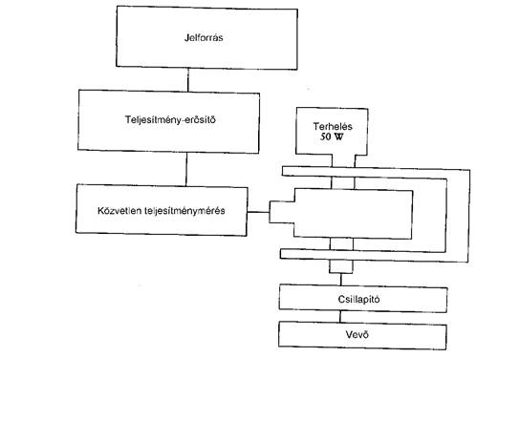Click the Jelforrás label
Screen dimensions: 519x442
pyautogui.click(x=204, y=37)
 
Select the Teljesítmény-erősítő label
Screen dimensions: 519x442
pyautogui.click(x=170, y=119)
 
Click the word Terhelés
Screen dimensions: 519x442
pyautogui.click(x=333, y=126)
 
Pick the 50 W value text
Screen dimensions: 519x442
pyautogui.click(x=332, y=137)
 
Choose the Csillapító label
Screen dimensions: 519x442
pyautogui.click(x=358, y=299)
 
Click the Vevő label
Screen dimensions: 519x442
pyautogui.click(x=357, y=334)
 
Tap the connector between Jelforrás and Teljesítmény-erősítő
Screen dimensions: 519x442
pyautogui.click(x=188, y=79)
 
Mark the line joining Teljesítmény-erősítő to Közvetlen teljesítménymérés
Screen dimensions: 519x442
pyautogui.click(x=186, y=169)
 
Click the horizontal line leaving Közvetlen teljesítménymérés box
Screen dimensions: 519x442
pyautogui.click(x=258, y=212)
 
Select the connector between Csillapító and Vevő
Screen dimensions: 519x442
pyautogui.click(x=340, y=317)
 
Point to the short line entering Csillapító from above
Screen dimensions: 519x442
pyautogui.click(x=341, y=280)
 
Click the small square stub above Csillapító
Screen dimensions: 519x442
pyautogui.click(x=341, y=266)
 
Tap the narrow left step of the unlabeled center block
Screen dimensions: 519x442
pyautogui.click(x=282, y=212)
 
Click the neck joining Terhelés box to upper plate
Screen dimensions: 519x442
pyautogui.click(x=343, y=160)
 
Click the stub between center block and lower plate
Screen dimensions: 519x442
pyautogui.click(x=341, y=244)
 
